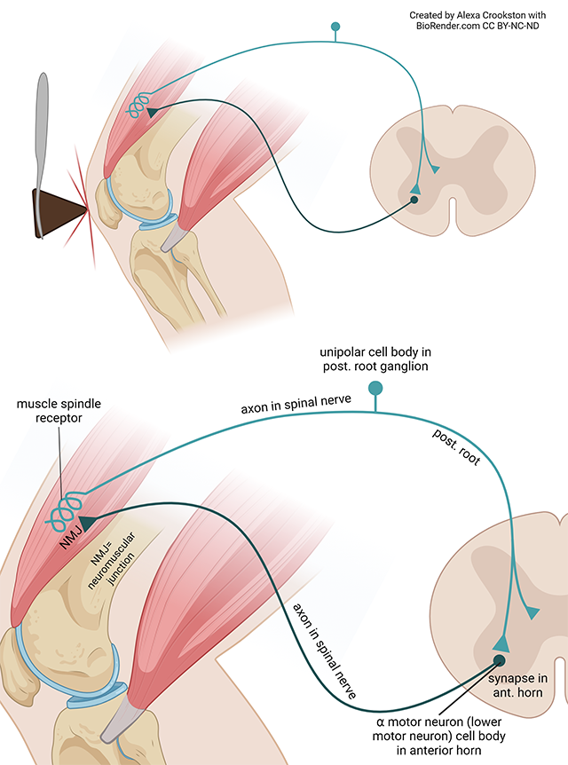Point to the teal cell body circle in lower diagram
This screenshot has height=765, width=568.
click(x=376, y=388)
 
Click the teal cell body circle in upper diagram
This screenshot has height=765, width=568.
click(x=335, y=27)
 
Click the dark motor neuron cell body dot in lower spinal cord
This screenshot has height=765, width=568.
click(x=500, y=659)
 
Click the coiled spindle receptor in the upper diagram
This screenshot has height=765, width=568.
click(x=135, y=106)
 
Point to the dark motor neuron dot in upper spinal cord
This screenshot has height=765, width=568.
click(x=414, y=200)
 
